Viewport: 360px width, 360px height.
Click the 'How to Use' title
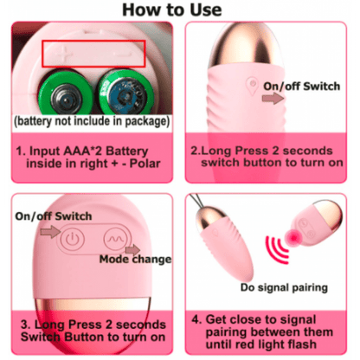click(172, 10)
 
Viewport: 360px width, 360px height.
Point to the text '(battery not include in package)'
click(92, 121)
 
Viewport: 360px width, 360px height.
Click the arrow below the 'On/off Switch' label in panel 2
click(273, 99)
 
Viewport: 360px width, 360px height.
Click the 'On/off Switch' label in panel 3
click(54, 216)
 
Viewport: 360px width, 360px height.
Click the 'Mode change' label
click(135, 259)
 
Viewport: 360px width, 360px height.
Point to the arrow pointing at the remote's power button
click(50, 232)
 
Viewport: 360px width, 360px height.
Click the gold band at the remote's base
click(93, 305)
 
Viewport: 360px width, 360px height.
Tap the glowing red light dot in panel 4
click(293, 238)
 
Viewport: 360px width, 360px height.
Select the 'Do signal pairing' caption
click(284, 287)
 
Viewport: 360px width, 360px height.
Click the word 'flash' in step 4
click(300, 344)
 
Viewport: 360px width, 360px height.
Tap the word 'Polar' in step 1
click(145, 164)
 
